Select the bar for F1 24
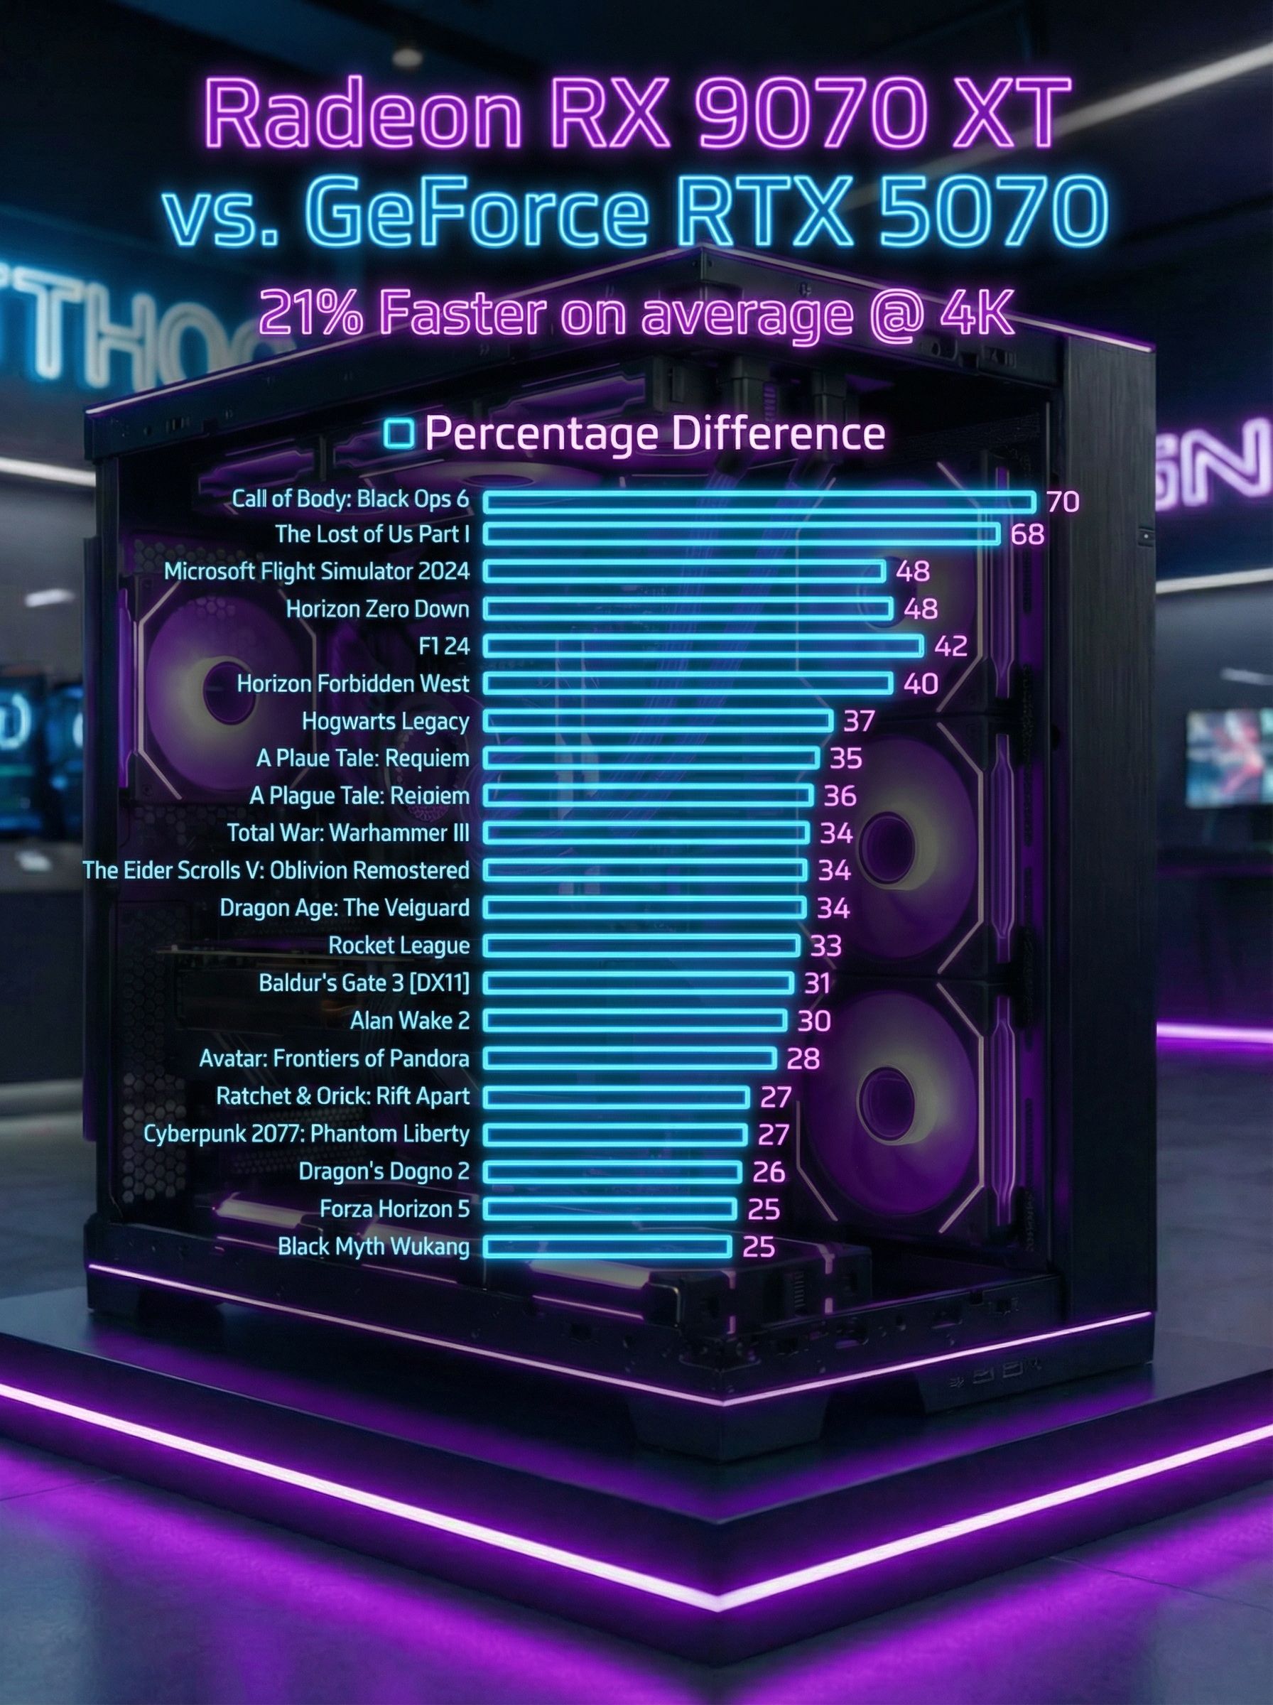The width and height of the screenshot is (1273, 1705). coord(703,646)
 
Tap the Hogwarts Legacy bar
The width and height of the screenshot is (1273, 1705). coord(658,720)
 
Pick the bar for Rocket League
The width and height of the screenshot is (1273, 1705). coord(641,946)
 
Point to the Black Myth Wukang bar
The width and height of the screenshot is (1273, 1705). coord(607,1246)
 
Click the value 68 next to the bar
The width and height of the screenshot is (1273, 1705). coord(1027,534)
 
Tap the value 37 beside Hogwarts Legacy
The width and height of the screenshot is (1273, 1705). coord(858,721)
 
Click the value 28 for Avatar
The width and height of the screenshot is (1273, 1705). coord(803,1059)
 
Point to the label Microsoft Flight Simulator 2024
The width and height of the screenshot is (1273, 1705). coord(317,571)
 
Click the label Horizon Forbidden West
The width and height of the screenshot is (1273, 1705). coord(353,683)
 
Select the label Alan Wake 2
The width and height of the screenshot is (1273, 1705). coord(409,1021)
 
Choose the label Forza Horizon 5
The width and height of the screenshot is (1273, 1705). coord(394,1208)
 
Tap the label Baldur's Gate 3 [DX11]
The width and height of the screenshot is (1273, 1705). coord(364,983)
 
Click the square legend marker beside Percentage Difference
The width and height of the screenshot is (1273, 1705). coord(399,433)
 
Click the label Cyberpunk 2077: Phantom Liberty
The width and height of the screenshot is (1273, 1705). coord(307,1133)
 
